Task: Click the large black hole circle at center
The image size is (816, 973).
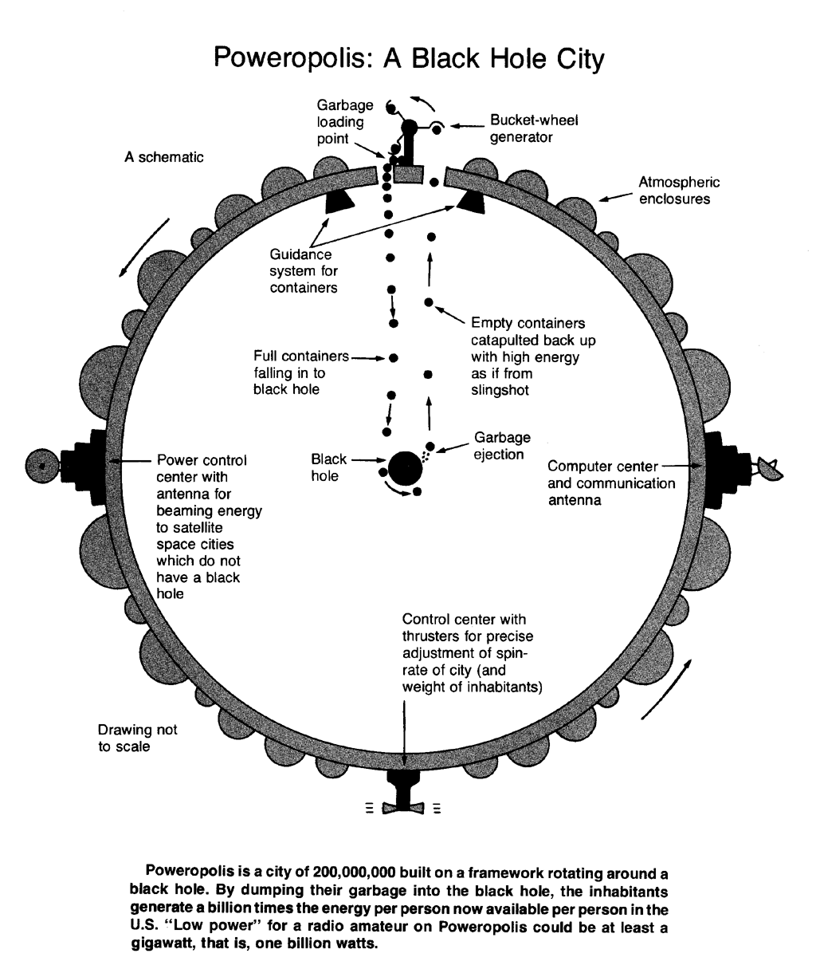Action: [x=406, y=468]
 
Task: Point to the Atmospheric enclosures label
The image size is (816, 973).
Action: [x=673, y=191]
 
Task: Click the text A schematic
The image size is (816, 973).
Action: [x=163, y=157]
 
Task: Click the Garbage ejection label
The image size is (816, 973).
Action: [x=502, y=446]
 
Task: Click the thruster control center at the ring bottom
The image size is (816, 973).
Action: [x=407, y=789]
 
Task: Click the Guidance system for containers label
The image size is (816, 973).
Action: [x=304, y=271]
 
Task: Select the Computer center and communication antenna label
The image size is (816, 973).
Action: [x=610, y=483]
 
